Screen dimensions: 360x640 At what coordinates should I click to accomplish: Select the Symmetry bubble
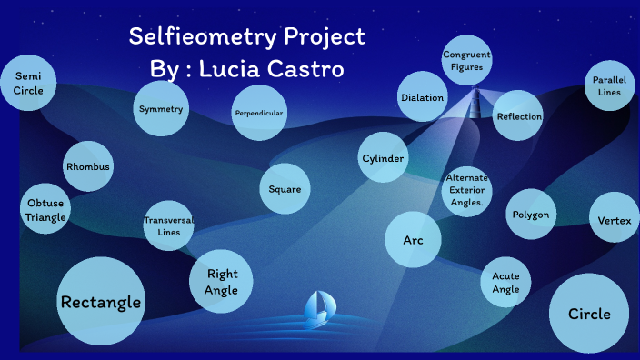(161, 109)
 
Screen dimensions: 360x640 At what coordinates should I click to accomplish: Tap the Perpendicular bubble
(259, 114)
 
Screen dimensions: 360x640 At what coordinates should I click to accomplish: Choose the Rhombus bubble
(88, 167)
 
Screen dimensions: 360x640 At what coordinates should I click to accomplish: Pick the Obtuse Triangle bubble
(45, 210)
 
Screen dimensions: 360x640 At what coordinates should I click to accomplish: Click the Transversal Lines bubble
(169, 226)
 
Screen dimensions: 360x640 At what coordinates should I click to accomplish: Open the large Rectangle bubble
(101, 302)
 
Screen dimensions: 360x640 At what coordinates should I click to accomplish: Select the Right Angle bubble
(222, 282)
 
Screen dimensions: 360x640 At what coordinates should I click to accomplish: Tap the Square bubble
(285, 190)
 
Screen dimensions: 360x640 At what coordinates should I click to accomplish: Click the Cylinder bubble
(383, 159)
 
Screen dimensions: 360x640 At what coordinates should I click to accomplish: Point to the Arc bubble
(413, 239)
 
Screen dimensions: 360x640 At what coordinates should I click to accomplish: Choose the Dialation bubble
(423, 97)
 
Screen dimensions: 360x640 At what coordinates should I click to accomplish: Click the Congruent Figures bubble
(467, 61)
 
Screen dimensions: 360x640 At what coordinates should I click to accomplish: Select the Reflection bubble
(519, 116)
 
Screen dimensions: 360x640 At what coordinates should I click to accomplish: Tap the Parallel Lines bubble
(609, 86)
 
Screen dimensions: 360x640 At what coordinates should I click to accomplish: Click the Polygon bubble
(531, 215)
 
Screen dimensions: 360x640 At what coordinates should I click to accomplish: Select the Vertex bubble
(615, 221)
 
